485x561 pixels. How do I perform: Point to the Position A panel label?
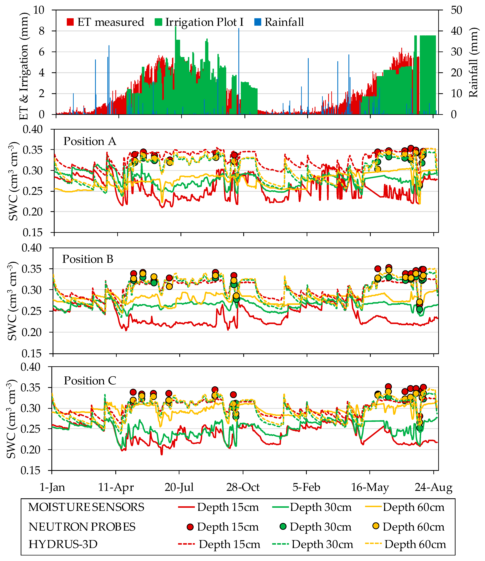pyautogui.click(x=90, y=141)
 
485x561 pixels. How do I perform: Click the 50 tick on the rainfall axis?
pyautogui.click(x=456, y=10)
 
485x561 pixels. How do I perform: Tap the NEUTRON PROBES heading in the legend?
pyautogui.click(x=82, y=527)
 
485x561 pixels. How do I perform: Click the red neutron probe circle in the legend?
pyautogui.click(x=190, y=527)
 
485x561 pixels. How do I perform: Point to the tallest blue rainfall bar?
pyautogui.click(x=239, y=70)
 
